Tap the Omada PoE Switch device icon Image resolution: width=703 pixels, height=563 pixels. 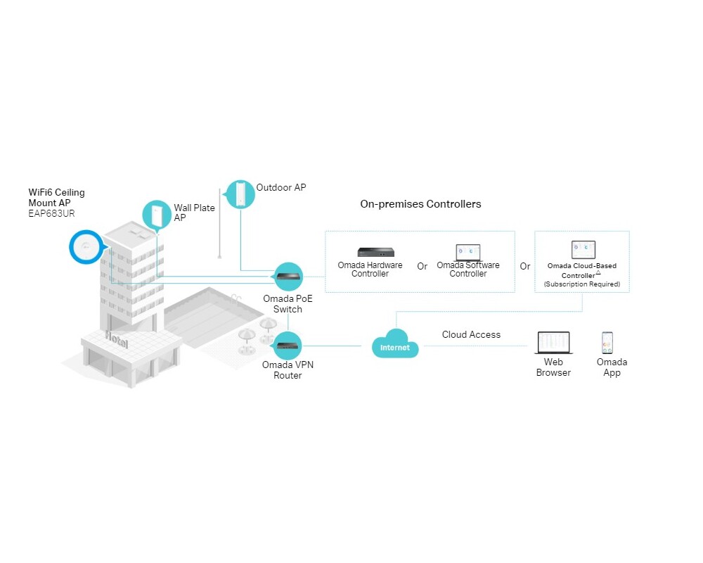tap(288, 277)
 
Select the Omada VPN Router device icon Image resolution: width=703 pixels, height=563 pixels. tap(288, 345)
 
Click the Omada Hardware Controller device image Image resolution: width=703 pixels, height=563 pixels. tap(380, 252)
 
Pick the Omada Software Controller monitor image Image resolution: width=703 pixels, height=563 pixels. tap(468, 252)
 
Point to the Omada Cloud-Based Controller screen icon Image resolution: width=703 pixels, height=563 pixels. tap(583, 250)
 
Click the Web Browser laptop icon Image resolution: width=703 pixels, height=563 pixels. tap(553, 343)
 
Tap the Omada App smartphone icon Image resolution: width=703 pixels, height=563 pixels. tap(607, 343)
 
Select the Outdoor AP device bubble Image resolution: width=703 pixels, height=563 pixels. tap(240, 194)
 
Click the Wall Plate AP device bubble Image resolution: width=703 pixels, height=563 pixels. tap(156, 215)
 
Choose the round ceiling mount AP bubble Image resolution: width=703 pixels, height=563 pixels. tap(86, 247)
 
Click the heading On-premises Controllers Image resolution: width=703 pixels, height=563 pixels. tap(420, 204)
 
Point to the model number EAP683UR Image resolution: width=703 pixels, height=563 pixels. tap(51, 214)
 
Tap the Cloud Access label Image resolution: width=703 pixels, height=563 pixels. tap(471, 335)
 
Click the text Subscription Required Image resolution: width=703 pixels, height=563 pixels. tap(582, 284)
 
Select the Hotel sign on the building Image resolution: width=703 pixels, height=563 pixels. tap(117, 339)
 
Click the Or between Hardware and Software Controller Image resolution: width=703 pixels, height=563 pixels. tap(422, 267)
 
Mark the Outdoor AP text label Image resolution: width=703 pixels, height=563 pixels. tap(281, 188)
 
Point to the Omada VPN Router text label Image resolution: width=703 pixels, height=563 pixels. tap(288, 370)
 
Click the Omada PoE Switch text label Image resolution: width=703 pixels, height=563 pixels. tap(288, 304)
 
